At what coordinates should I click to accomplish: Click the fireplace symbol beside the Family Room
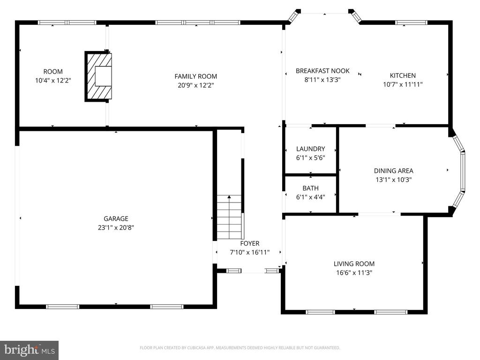pos(99,76)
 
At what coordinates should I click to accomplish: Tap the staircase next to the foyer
pos(229,217)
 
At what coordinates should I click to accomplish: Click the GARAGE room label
pos(116,218)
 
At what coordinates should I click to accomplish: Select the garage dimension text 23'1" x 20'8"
pos(116,227)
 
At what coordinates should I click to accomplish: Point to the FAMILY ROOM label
pos(195,76)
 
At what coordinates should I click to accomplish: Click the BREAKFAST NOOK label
pos(322,71)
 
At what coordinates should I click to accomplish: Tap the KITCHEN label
pos(403,75)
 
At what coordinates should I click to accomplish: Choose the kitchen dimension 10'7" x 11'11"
pos(403,84)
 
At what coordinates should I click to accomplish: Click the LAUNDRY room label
pos(310,149)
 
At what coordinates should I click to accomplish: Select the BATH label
pos(310,188)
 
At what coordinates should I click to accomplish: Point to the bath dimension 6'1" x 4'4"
pos(310,197)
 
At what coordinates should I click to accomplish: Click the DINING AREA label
pos(393,171)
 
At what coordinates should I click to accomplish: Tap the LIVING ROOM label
pos(354,264)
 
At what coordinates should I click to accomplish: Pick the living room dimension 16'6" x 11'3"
pos(354,272)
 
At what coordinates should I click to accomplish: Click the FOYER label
pos(249,243)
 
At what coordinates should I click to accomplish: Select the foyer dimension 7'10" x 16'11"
pos(249,252)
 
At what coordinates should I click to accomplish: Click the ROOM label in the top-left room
pos(53,72)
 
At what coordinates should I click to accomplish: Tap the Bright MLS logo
pos(29,350)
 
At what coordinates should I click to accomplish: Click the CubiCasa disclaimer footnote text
pos(240,348)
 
